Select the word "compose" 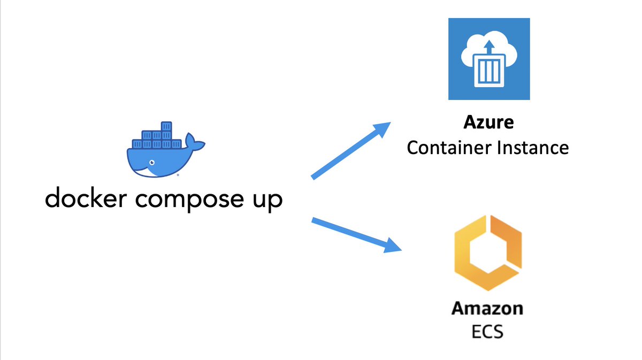tap(189, 200)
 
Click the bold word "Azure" tap(488, 122)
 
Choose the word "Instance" tap(533, 148)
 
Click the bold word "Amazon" tap(487, 309)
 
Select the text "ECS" tap(487, 332)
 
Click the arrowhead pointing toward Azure tap(382, 129)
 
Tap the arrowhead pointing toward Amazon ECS tap(392, 246)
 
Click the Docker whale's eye tap(152, 163)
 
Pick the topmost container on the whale tap(166, 126)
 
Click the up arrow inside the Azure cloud tap(489, 47)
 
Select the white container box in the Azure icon tap(489, 71)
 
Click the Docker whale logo tap(166, 149)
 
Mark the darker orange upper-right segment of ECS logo tap(506, 241)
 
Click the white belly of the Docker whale tap(145, 172)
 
